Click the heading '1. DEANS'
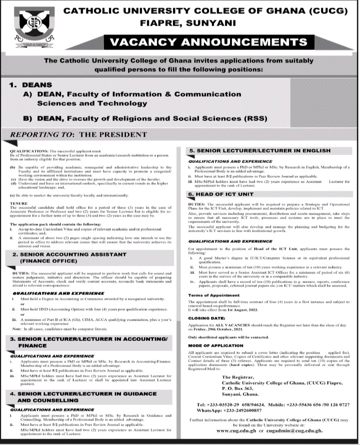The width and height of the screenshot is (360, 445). point(31,85)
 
